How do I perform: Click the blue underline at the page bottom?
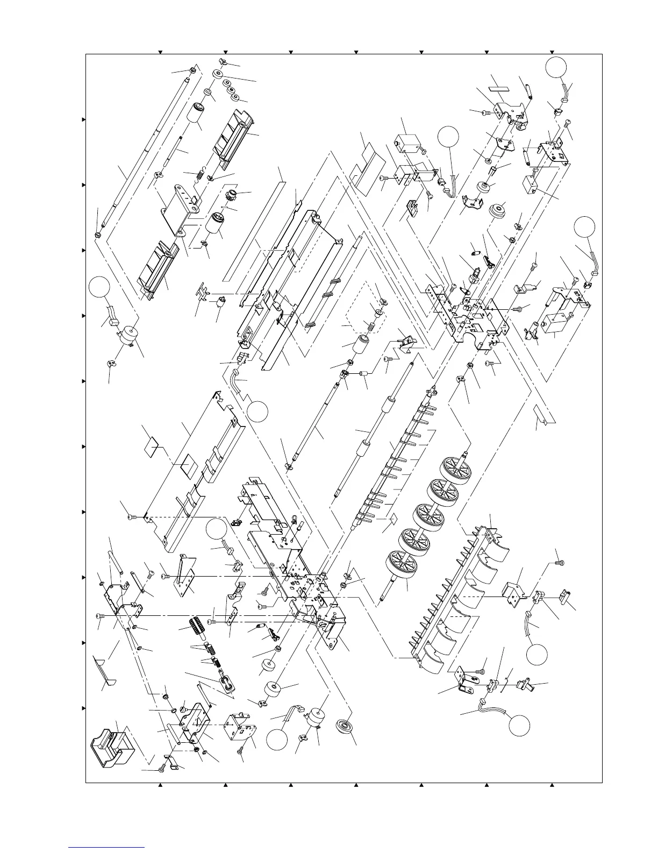pos(107,847)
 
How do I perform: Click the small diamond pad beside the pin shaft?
pos(394,518)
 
